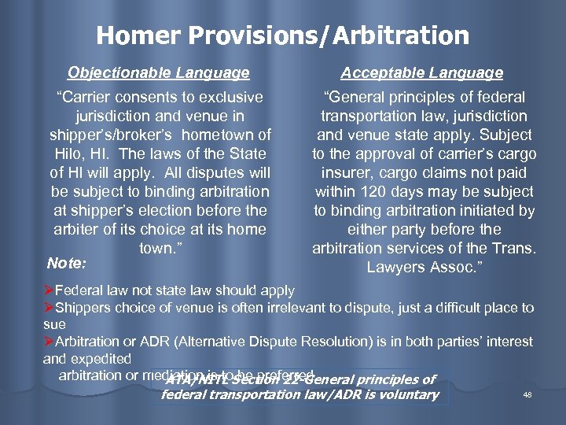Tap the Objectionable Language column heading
click(x=158, y=73)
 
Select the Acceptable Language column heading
click(x=421, y=73)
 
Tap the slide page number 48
click(x=527, y=395)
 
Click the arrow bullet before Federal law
click(x=48, y=291)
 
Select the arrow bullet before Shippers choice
click(x=48, y=308)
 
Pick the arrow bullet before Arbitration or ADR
click(x=48, y=342)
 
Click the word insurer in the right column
click(x=347, y=172)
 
